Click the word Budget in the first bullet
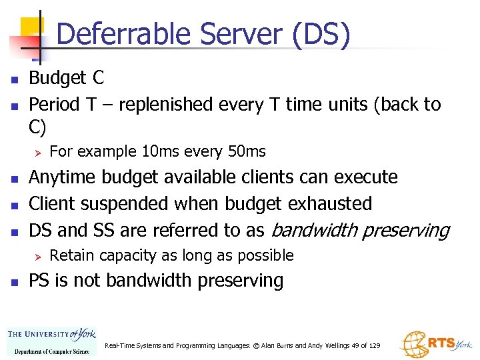(x=57, y=78)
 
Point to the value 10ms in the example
(x=158, y=152)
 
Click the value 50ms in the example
(x=246, y=152)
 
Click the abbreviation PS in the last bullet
(x=40, y=281)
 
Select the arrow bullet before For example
(x=38, y=152)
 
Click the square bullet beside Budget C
(x=13, y=79)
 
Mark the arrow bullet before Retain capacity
(x=38, y=256)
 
